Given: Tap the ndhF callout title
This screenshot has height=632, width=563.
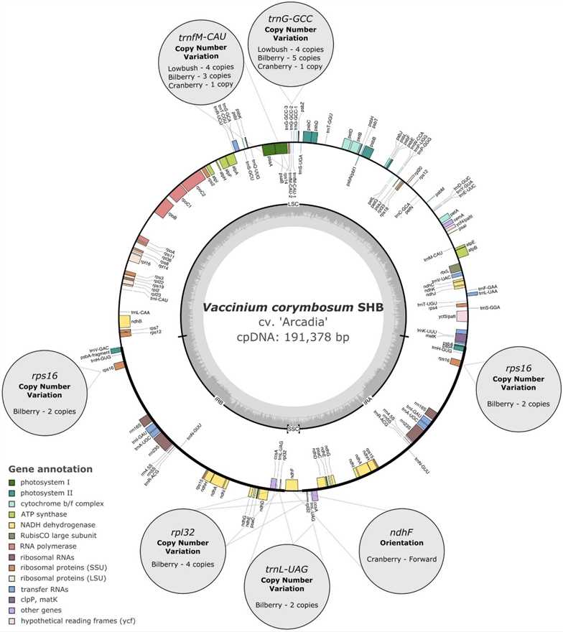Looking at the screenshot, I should pyautogui.click(x=408, y=534).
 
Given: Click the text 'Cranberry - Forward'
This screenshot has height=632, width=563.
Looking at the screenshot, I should pyautogui.click(x=408, y=559).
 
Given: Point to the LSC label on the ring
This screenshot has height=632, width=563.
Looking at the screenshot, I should pyautogui.click(x=293, y=205).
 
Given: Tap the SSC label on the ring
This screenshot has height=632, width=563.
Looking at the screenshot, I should pyautogui.click(x=293, y=429).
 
